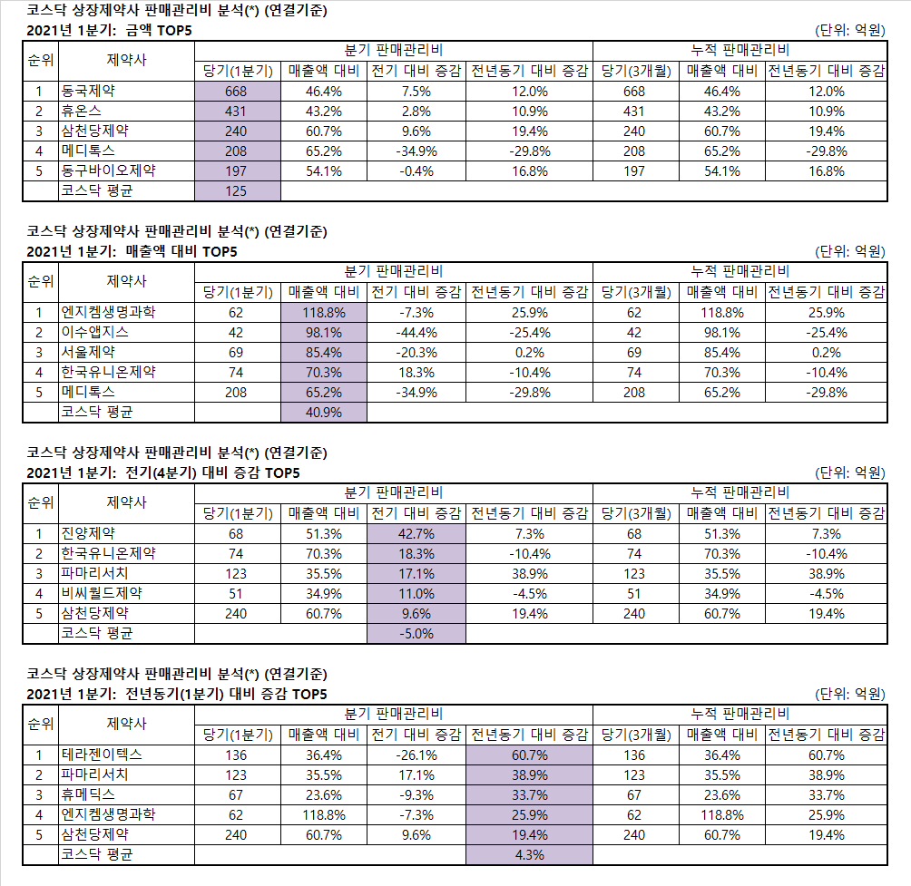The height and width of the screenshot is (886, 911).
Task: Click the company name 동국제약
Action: tap(88, 92)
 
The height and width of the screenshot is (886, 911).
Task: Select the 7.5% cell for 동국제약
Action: tap(416, 92)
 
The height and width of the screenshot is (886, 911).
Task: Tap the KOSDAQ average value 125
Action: tap(236, 191)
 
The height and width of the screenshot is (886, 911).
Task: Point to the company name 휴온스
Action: tap(82, 111)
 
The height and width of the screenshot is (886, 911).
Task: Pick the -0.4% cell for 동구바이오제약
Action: tap(416, 171)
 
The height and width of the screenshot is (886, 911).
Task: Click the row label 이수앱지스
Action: tap(95, 332)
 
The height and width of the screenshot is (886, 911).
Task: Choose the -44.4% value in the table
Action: tap(416, 333)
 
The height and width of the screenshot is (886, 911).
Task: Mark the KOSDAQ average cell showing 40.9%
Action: tap(324, 413)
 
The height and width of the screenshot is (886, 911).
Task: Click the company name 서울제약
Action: tap(88, 352)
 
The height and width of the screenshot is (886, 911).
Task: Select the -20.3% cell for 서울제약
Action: tap(416, 353)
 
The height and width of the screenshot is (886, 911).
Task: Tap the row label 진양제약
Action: tap(88, 533)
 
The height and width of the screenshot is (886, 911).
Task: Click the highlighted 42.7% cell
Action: tap(416, 533)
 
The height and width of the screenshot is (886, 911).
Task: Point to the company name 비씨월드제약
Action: tap(102, 593)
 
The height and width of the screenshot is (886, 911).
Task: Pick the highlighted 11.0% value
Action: tap(416, 593)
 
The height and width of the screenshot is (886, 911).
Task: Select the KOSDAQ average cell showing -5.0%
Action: tap(416, 633)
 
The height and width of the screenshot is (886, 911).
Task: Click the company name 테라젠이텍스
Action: tap(102, 755)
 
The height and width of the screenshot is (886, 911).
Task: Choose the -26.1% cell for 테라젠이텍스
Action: tap(416, 755)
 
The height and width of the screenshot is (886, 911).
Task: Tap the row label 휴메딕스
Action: tap(88, 794)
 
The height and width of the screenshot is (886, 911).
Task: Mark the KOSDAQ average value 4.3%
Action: tap(529, 854)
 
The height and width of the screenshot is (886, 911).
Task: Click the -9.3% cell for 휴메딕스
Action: tap(416, 794)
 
